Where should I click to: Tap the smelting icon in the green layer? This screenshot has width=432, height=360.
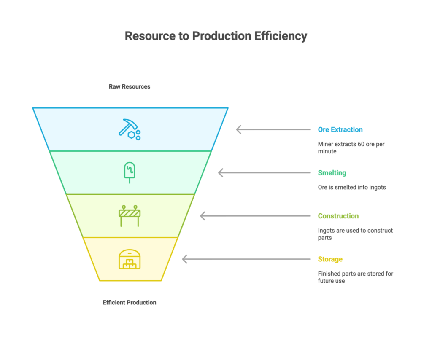point(130,172)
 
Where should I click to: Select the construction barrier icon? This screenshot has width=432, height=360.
point(130,216)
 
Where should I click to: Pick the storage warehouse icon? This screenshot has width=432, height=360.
point(130,259)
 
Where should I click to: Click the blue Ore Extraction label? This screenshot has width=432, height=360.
point(340,129)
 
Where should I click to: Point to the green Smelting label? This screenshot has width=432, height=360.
point(332,172)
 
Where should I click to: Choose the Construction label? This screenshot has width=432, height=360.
point(338,216)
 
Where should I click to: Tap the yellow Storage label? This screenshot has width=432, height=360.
point(330,259)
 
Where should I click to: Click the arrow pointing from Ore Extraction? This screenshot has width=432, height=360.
point(273,129)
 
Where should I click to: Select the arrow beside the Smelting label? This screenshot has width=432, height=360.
point(264,172)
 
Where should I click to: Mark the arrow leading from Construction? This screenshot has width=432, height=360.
point(255,216)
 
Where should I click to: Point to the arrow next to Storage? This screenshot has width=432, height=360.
point(246,259)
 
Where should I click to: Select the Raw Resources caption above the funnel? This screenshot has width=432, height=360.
point(130,86)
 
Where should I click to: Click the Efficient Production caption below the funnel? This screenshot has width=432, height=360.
point(130,302)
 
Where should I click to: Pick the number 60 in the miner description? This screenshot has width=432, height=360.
point(361,144)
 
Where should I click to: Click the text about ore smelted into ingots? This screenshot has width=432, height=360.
point(352,187)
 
